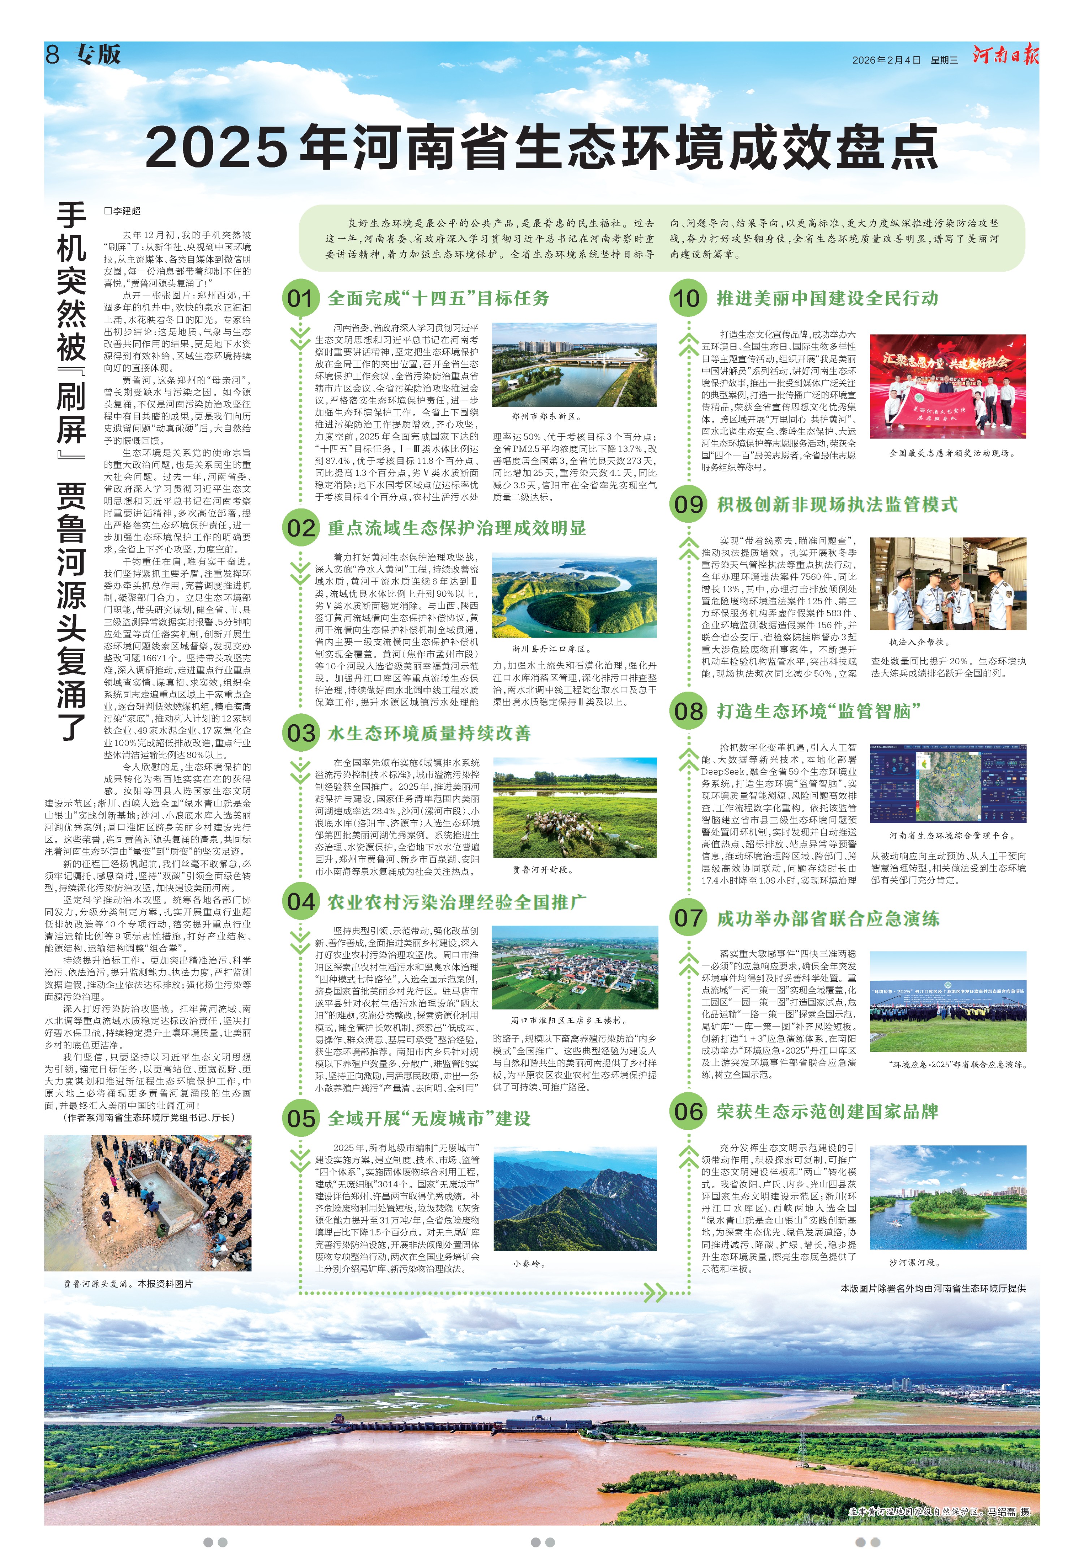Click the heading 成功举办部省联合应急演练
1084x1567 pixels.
point(827,919)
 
